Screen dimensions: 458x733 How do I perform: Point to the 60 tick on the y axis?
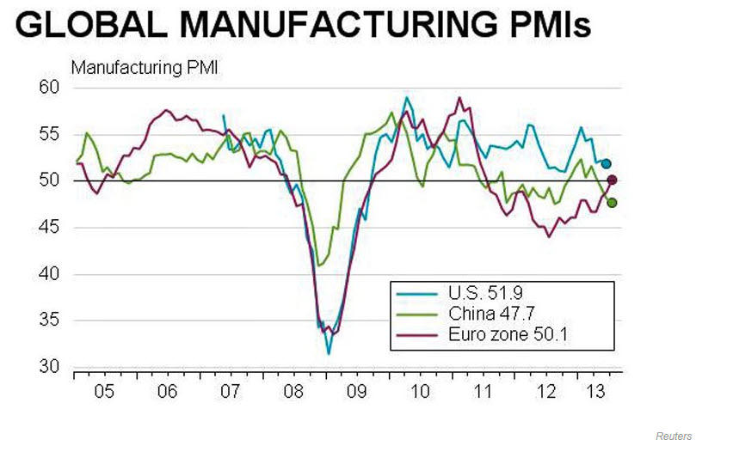pos(48,88)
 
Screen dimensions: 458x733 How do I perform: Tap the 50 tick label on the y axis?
pos(48,180)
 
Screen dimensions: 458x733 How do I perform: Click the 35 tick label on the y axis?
pos(48,321)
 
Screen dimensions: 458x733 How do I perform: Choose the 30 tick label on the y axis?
pos(48,367)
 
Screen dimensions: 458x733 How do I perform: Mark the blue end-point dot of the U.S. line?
pos(607,163)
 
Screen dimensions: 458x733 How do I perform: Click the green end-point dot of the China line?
pos(612,203)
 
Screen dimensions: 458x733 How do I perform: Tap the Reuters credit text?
pos(673,437)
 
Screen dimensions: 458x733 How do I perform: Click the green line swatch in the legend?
pos(415,314)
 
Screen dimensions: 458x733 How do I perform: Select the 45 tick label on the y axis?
pos(48,228)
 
